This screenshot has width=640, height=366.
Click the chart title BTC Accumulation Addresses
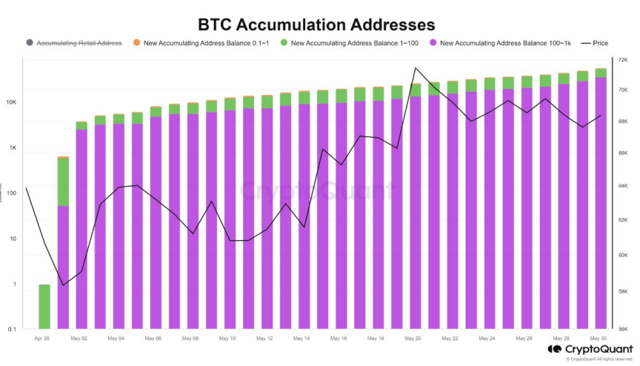pos(321,24)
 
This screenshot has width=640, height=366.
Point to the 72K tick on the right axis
pos(622,59)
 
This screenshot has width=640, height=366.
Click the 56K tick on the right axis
pos(622,328)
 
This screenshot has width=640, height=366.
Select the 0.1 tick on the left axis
pos(11,329)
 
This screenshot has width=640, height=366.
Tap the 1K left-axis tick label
pos(12,148)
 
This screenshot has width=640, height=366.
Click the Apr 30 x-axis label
pos(43,339)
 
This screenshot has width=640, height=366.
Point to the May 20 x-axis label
pos(413,339)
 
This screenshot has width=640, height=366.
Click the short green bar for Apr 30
pos(44,306)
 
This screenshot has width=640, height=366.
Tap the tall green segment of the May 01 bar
pos(63,182)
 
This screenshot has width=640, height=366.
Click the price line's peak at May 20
pos(416,68)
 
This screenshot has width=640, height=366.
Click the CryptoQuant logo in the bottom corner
pos(590,349)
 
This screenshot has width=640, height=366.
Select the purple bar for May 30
pos(601,200)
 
